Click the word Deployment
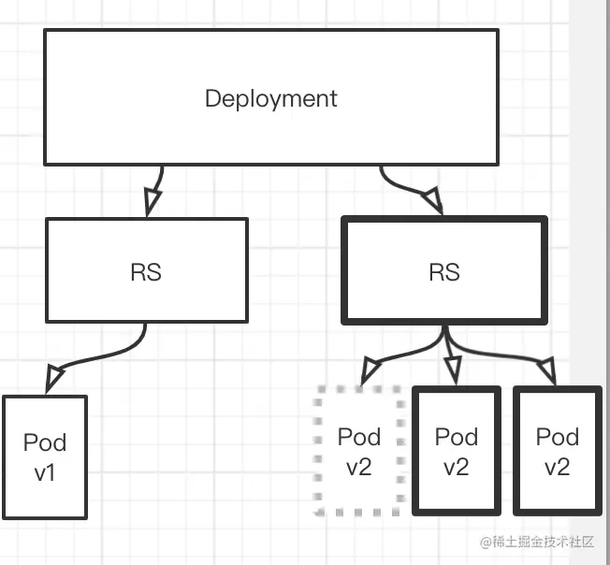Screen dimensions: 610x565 pyautogui.click(x=270, y=99)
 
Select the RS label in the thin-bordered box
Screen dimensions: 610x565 pyautogui.click(x=146, y=272)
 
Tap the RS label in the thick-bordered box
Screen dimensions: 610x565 pyautogui.click(x=444, y=272)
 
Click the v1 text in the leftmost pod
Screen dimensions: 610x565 pyautogui.click(x=45, y=472)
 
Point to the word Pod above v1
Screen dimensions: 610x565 pyautogui.click(x=45, y=442)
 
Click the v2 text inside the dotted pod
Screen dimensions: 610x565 pyautogui.click(x=358, y=467)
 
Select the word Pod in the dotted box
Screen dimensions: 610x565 pyautogui.click(x=358, y=437)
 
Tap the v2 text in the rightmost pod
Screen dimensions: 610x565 pyautogui.click(x=558, y=467)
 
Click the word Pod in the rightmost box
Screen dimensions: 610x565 pyautogui.click(x=558, y=437)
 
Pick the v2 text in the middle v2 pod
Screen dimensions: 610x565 pyautogui.click(x=457, y=467)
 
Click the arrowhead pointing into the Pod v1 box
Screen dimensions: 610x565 pyautogui.click(x=53, y=378)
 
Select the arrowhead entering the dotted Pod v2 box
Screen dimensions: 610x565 pyautogui.click(x=370, y=371)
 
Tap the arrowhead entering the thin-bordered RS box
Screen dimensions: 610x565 pyautogui.click(x=152, y=201)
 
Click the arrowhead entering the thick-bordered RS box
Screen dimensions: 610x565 pyautogui.click(x=433, y=200)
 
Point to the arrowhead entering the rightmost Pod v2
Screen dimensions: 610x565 pyautogui.click(x=547, y=371)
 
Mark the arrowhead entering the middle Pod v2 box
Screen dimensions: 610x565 pyautogui.click(x=454, y=371)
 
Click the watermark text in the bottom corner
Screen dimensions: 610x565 pyautogui.click(x=537, y=542)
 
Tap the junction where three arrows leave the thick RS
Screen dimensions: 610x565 pyautogui.click(x=446, y=334)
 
